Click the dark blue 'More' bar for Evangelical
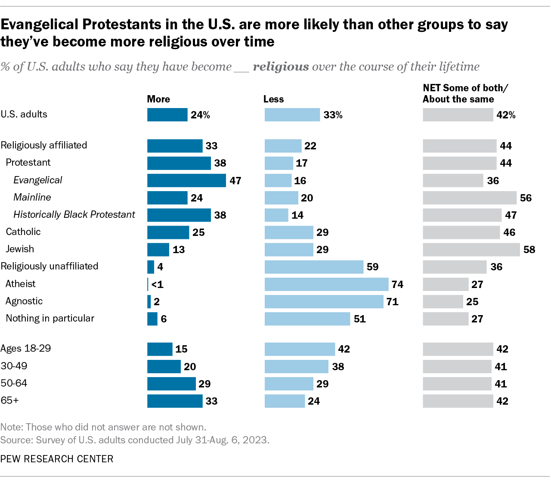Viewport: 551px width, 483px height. (186, 180)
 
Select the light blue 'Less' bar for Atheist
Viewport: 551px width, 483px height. (326, 284)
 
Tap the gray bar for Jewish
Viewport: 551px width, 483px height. (471, 250)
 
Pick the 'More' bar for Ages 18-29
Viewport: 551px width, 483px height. (160, 349)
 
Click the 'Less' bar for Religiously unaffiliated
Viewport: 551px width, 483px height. (314, 267)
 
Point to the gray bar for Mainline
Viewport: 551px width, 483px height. (470, 198)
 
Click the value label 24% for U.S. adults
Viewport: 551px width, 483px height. (200, 115)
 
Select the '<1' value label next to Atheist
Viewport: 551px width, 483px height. (157, 285)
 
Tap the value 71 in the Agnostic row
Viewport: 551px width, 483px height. (392, 302)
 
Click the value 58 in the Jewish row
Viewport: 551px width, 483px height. (529, 250)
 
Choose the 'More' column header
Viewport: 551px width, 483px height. (158, 99)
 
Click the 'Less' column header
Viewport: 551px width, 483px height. (273, 99)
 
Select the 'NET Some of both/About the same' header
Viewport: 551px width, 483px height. (465, 93)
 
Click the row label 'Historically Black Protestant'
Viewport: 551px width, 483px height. (74, 214)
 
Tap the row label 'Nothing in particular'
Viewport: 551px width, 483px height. (50, 318)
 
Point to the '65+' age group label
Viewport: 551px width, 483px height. (10, 400)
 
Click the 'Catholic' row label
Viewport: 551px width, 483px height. (23, 232)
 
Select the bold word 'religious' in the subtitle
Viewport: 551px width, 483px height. (281, 67)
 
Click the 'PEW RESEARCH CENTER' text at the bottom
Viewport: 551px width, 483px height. (57, 459)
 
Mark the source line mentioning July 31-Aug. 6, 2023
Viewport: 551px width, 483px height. (135, 440)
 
